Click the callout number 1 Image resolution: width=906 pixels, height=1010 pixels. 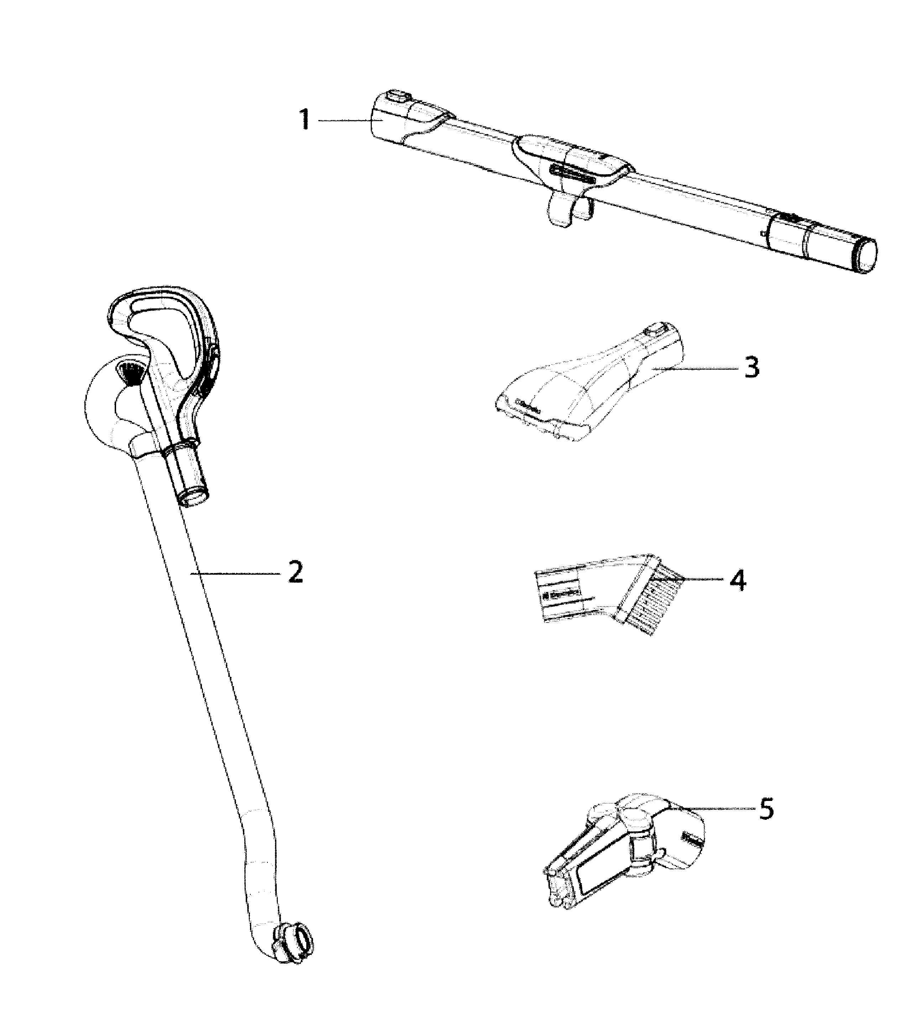[304, 120]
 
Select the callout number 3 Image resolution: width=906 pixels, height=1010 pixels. [752, 368]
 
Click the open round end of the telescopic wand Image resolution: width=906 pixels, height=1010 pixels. [865, 255]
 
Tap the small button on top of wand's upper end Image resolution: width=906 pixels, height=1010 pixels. [397, 95]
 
